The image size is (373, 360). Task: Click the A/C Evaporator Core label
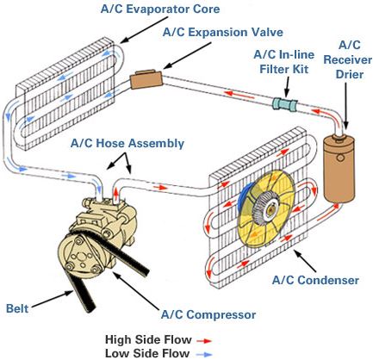coord(160,9)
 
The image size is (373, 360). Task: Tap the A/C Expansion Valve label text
coord(223,32)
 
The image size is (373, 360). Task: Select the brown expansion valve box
coord(146,79)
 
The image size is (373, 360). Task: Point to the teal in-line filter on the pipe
coord(285,104)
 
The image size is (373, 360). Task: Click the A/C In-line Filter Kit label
coord(284,62)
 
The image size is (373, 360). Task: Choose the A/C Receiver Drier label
coord(348,59)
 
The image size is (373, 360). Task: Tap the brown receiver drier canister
coord(339,170)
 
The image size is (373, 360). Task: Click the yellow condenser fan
coord(266,208)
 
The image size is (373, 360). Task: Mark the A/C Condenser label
coord(315,280)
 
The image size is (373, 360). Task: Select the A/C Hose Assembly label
coord(127,143)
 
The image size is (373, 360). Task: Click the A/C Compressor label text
coord(208,314)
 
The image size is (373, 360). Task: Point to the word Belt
coord(17,308)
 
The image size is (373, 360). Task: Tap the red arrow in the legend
coord(204,341)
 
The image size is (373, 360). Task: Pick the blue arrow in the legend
coord(204,355)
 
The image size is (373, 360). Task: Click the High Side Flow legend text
coord(148,339)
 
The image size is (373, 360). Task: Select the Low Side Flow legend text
coord(147,353)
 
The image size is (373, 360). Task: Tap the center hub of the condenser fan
coord(270,209)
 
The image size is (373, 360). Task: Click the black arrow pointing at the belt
coord(52,300)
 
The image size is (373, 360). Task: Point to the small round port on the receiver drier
coord(341,158)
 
